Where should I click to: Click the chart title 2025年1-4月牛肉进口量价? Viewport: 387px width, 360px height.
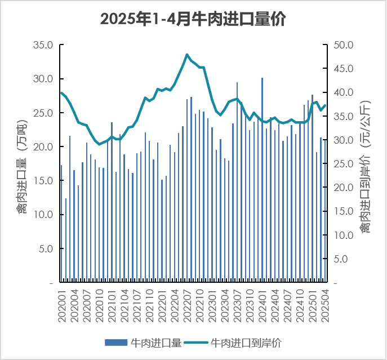[x=193, y=19]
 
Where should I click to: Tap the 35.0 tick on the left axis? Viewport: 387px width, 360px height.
[x=43, y=45]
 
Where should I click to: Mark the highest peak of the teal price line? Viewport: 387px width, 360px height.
[x=187, y=55]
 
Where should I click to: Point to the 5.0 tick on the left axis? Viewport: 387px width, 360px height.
[x=46, y=248]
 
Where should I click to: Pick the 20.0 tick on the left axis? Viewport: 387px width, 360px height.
[x=43, y=147]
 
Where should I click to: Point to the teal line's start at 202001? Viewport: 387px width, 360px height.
[x=61, y=93]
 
